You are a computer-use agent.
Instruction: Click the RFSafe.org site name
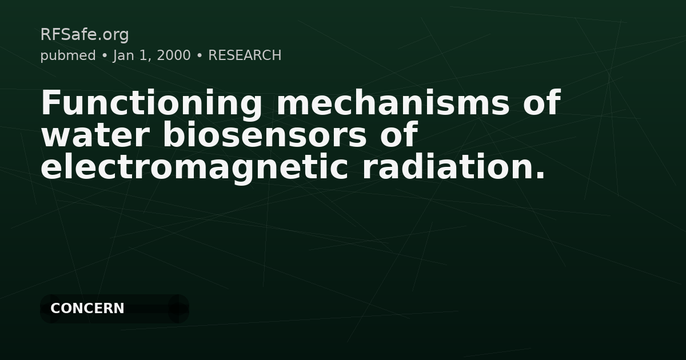[85, 35]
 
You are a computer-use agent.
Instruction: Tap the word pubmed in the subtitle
[68, 55]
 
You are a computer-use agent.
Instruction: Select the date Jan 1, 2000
[152, 55]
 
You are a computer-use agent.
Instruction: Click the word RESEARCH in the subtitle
[245, 55]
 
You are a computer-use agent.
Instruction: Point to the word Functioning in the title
[152, 103]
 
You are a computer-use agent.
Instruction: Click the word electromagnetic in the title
[195, 167]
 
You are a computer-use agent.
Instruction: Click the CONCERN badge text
[87, 309]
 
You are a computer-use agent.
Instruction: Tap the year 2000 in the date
[174, 55]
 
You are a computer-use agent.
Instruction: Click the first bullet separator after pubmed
[105, 55]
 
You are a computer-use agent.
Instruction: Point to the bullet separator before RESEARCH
[200, 55]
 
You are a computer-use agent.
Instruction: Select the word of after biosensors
[400, 135]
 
